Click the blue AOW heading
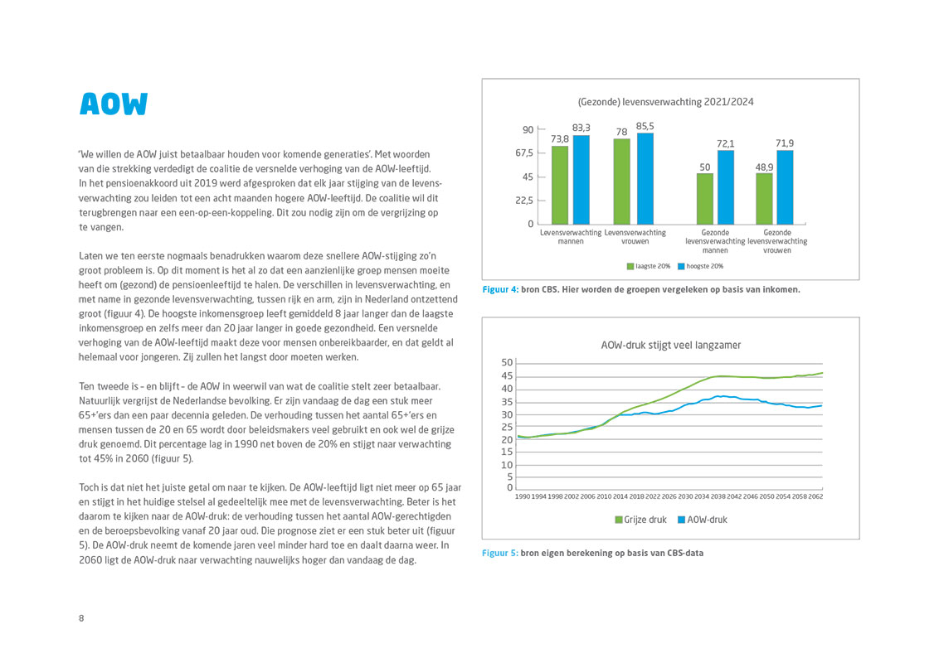114,104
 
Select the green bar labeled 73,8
559,185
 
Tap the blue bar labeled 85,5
645,179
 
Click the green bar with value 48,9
764,199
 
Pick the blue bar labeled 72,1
725,187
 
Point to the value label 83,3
581,128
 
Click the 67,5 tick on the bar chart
524,153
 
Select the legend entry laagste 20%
649,266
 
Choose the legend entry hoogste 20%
701,266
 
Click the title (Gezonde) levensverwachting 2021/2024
665,102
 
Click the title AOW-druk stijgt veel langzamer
671,346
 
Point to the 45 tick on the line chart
507,375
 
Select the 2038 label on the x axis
718,496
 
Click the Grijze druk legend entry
640,520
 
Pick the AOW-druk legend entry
703,520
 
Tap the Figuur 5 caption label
500,554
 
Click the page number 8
81,618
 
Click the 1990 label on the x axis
523,496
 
